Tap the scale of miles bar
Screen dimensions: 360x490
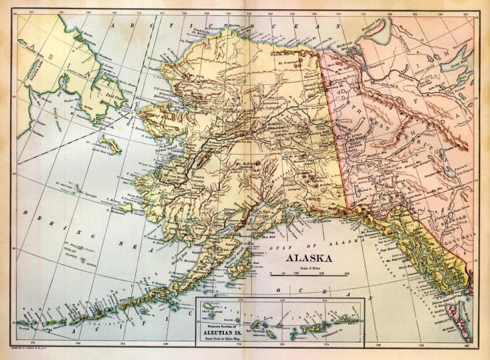point(309,272)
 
